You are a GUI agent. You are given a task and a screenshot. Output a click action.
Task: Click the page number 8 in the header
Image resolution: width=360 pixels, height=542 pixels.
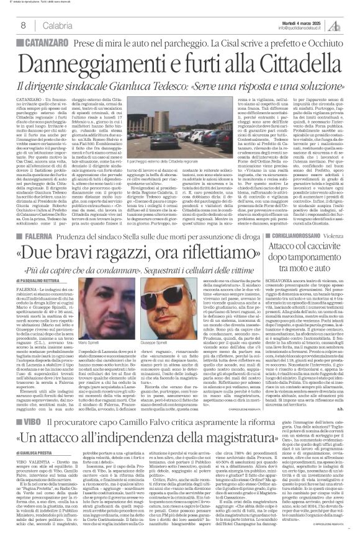pos(22,25)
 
